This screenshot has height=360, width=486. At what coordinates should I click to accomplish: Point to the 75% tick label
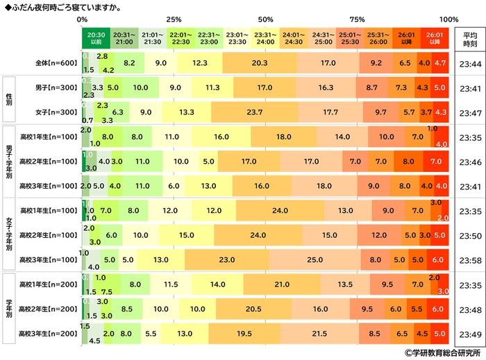tap(357, 19)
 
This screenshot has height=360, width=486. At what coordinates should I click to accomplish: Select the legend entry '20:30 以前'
tap(95, 37)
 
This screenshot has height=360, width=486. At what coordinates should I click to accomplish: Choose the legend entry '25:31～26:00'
tap(377, 37)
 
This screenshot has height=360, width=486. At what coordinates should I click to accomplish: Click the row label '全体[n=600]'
tap(57, 62)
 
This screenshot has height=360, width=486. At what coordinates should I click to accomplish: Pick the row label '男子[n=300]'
tap(57, 88)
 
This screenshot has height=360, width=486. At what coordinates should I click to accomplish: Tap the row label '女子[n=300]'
tap(57, 112)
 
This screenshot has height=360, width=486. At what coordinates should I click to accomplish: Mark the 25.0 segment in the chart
tap(315, 259)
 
